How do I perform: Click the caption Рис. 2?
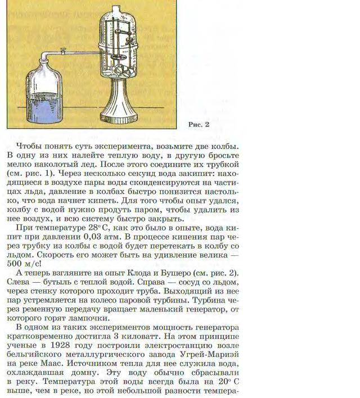click(x=197, y=124)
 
